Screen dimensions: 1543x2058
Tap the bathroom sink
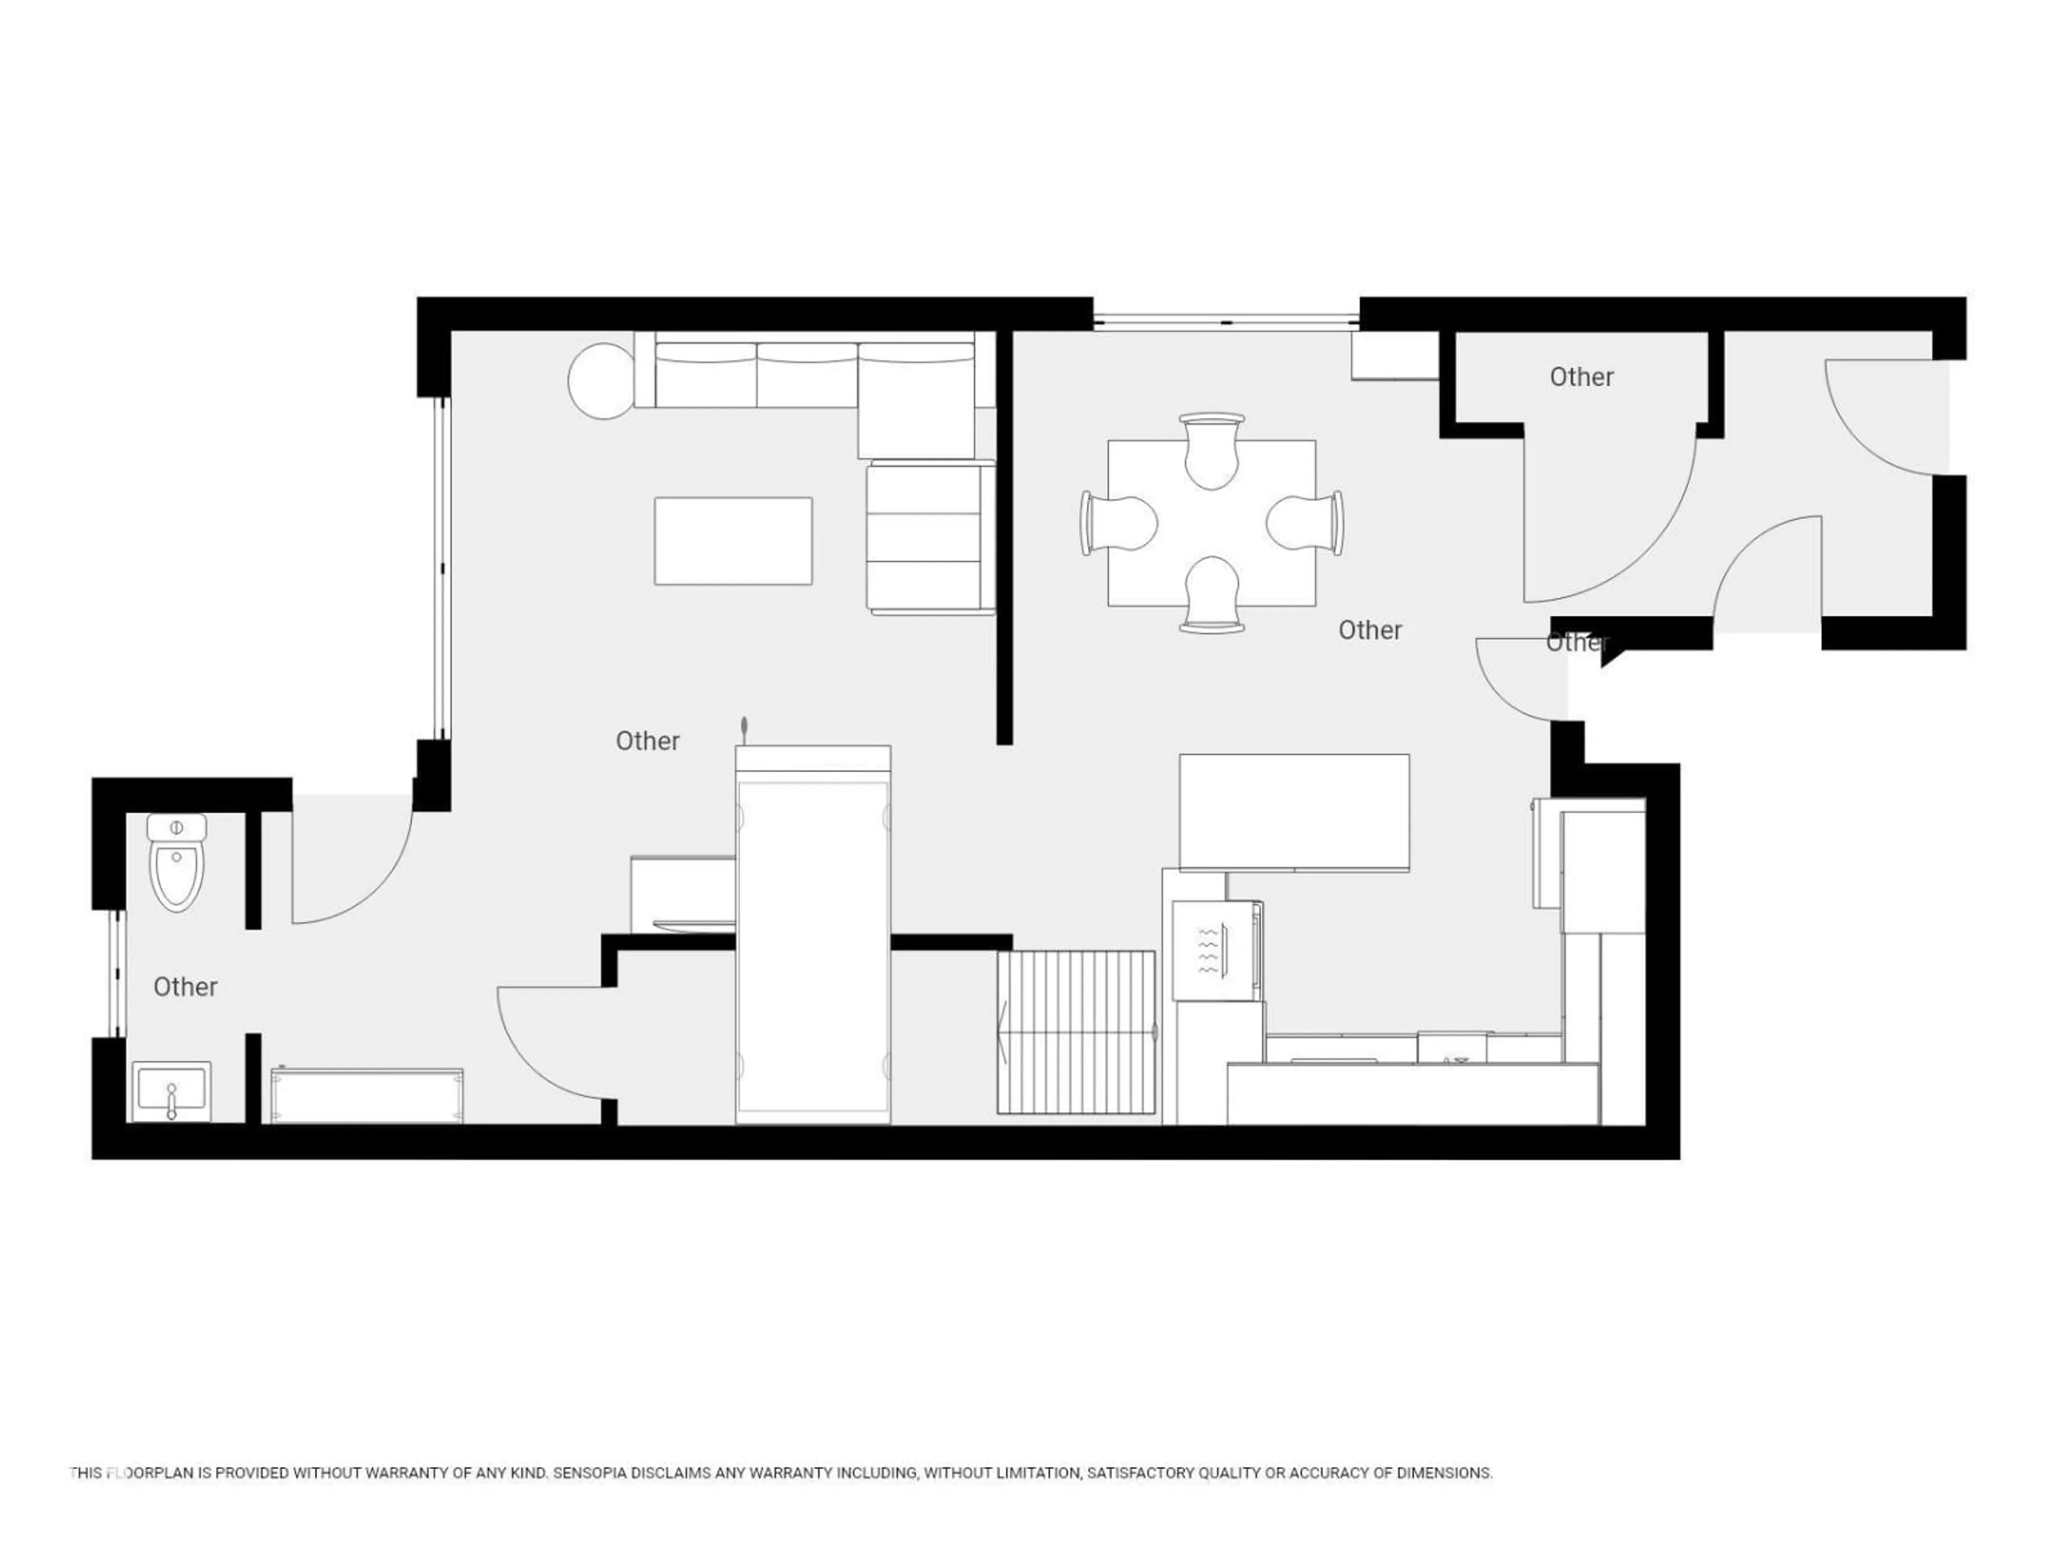point(171,1090)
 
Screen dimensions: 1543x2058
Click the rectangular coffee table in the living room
point(733,541)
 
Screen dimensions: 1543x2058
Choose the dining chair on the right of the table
point(1306,523)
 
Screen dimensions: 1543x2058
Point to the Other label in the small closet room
point(1580,377)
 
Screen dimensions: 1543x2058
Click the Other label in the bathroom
point(185,987)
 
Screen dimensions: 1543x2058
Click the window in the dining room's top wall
point(1226,322)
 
